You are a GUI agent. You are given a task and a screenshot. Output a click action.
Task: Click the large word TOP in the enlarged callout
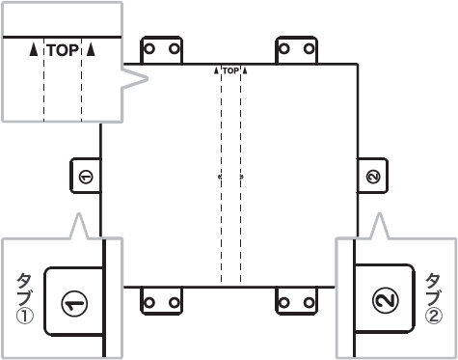63,50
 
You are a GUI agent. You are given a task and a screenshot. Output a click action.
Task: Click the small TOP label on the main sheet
230,70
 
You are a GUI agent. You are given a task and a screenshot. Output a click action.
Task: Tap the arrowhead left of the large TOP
34,50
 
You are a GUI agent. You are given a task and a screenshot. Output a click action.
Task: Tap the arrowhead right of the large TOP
92,49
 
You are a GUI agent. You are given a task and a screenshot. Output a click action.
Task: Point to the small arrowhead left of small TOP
216,70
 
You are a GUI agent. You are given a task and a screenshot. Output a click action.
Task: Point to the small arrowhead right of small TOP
245,70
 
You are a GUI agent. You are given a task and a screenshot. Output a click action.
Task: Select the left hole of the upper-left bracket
149,49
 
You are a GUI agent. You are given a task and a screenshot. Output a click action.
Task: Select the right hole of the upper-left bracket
175,49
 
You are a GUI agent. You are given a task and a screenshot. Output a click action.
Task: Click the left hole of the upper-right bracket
284,49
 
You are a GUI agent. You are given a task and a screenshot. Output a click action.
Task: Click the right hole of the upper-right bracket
310,49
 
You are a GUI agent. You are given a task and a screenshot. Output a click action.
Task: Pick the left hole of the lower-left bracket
149,302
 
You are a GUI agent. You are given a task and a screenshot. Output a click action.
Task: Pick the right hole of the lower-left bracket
175,302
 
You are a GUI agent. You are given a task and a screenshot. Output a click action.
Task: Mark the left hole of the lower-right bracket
284,302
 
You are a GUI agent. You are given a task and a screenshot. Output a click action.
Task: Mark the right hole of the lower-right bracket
310,302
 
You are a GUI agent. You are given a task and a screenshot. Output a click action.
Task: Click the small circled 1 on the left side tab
86,177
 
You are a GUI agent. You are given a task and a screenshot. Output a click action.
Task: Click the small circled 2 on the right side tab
373,177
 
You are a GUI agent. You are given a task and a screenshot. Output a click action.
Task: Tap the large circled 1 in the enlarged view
74,303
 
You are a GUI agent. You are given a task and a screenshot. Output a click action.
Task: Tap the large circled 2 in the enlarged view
386,299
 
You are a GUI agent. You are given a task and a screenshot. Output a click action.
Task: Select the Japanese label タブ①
25,298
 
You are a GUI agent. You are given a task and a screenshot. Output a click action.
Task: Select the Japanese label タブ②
434,298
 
